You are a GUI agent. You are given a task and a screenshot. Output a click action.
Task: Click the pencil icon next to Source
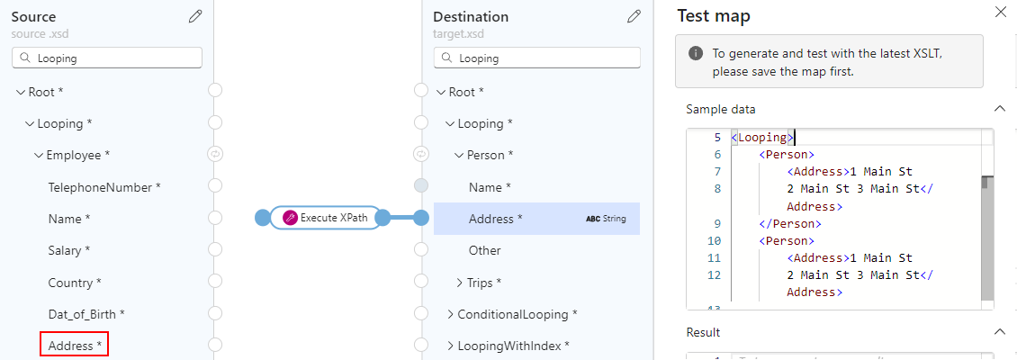point(195,16)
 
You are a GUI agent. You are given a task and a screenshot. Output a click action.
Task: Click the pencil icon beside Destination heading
point(634,16)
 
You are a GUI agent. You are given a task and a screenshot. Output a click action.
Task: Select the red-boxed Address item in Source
point(75,346)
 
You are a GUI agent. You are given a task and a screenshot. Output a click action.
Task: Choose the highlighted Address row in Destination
point(535,219)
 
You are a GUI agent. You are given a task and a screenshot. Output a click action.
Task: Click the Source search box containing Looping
point(107,58)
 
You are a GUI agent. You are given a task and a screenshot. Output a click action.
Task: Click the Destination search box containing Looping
point(537,58)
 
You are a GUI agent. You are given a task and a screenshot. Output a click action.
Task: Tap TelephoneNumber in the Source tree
point(104,187)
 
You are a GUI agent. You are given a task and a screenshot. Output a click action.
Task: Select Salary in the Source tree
point(69,250)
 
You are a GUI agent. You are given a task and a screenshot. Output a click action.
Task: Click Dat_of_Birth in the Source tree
point(86,314)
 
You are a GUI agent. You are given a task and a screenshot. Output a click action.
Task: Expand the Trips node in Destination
point(461,283)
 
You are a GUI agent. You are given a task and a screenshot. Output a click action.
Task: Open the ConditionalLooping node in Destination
point(451,314)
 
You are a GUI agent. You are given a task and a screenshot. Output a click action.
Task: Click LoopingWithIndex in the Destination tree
point(513,346)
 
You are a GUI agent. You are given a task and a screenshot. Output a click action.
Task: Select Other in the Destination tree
point(485,250)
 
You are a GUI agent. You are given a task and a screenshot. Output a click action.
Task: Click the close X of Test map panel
point(1001,13)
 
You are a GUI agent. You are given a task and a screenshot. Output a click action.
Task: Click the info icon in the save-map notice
point(696,53)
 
